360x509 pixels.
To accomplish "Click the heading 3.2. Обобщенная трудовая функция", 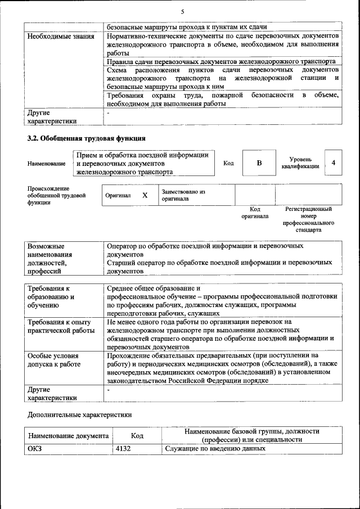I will point(87,138).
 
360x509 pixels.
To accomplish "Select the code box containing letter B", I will point(259,163).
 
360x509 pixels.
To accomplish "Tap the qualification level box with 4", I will point(334,163).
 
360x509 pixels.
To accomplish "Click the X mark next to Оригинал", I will point(145,195).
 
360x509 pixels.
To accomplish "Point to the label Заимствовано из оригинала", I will point(183,195).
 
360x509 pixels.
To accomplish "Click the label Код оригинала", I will point(255,213).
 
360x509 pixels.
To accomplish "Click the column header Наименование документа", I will point(68,435).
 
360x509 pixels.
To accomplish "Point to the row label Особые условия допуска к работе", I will point(53,360).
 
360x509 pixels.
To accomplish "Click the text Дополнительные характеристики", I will point(80,415).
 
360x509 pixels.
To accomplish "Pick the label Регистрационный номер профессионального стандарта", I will point(308,219).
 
